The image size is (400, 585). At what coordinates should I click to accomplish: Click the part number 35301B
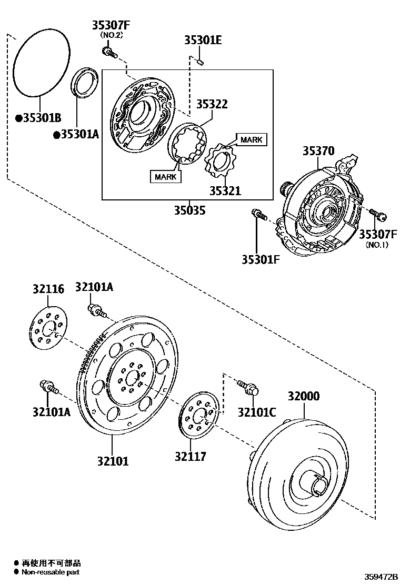pyautogui.click(x=42, y=118)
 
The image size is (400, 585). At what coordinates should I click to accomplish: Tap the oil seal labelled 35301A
pyautogui.click(x=84, y=82)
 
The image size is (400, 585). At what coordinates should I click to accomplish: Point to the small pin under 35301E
pyautogui.click(x=200, y=62)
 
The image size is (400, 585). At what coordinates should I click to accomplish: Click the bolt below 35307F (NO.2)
pyautogui.click(x=109, y=52)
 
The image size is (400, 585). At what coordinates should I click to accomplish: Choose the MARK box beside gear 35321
pyautogui.click(x=251, y=139)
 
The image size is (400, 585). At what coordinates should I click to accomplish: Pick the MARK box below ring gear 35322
pyautogui.click(x=165, y=176)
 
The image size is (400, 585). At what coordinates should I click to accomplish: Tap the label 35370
pyautogui.click(x=318, y=151)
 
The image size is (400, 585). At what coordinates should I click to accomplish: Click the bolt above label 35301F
pyautogui.click(x=259, y=215)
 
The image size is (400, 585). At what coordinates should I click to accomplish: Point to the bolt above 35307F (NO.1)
pyautogui.click(x=378, y=214)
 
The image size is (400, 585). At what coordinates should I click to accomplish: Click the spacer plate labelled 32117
pyautogui.click(x=199, y=416)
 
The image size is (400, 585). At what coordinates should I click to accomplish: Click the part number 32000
pyautogui.click(x=303, y=396)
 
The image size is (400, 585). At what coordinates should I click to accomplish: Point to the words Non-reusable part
pyautogui.click(x=51, y=572)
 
